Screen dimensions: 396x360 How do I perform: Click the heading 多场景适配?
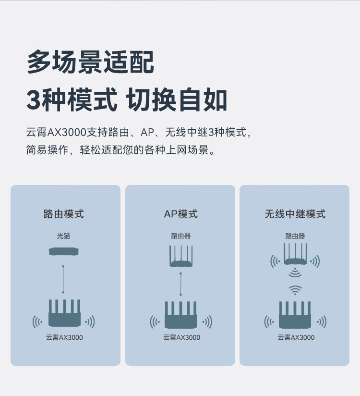tap(90, 62)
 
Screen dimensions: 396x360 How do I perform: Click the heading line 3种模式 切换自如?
tap(127, 100)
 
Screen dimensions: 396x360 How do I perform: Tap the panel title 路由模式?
tap(64, 214)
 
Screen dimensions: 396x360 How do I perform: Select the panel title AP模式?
tap(180, 214)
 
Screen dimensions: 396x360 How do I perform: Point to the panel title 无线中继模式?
tap(295, 214)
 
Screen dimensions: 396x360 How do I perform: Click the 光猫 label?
tap(63, 236)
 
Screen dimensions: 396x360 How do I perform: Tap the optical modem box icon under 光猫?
tap(63, 251)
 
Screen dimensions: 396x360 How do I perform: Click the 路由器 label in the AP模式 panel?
tap(180, 236)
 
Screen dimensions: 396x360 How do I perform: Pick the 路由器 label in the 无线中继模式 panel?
tap(295, 236)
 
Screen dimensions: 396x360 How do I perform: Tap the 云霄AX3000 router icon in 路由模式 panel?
tap(64, 314)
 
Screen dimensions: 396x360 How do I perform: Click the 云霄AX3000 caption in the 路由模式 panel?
tap(63, 337)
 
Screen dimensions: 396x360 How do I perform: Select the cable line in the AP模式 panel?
tap(181, 284)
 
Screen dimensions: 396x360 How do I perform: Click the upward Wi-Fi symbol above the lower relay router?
tap(295, 290)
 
